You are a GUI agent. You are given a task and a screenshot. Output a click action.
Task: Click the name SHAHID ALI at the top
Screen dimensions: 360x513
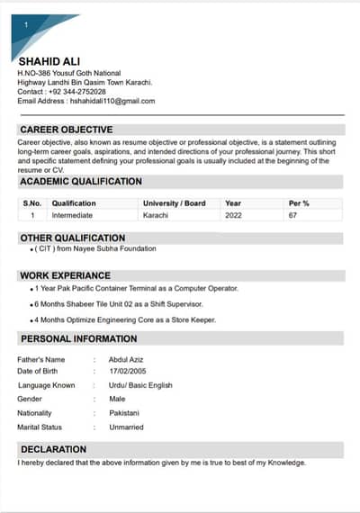point(49,61)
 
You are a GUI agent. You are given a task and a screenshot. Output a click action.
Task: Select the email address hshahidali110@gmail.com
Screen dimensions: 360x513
point(112,101)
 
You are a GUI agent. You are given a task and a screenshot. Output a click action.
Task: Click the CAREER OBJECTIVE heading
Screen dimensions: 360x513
point(67,130)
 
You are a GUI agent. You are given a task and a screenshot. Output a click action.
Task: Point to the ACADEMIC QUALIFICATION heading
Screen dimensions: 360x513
point(81,181)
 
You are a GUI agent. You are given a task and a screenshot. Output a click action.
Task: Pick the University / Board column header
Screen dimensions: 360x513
point(174,203)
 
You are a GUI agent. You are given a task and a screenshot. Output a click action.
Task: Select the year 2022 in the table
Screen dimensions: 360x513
point(233,215)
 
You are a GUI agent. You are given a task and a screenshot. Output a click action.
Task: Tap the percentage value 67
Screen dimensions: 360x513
point(292,215)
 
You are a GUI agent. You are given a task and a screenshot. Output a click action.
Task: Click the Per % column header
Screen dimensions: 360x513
point(299,203)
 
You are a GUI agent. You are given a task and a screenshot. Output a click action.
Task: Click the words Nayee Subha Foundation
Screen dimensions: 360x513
point(116,248)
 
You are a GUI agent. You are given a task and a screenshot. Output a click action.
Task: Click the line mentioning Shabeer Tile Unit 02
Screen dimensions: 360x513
point(121,304)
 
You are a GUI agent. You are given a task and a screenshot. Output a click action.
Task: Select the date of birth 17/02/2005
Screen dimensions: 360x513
point(128,372)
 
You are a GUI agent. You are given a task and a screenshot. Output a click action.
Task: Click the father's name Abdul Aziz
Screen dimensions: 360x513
point(125,359)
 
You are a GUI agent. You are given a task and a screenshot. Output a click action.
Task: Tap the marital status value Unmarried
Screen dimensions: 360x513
point(126,427)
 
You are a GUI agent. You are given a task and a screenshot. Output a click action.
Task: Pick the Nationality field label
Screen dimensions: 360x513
point(35,413)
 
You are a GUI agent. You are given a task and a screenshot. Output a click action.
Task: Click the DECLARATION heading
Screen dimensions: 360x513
point(54,448)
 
